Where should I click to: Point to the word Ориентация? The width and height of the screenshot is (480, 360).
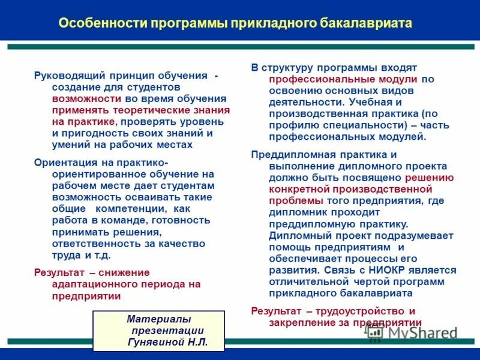point(63,163)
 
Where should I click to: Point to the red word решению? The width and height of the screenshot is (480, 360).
point(430,178)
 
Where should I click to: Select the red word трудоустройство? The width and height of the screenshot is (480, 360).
point(354,311)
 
